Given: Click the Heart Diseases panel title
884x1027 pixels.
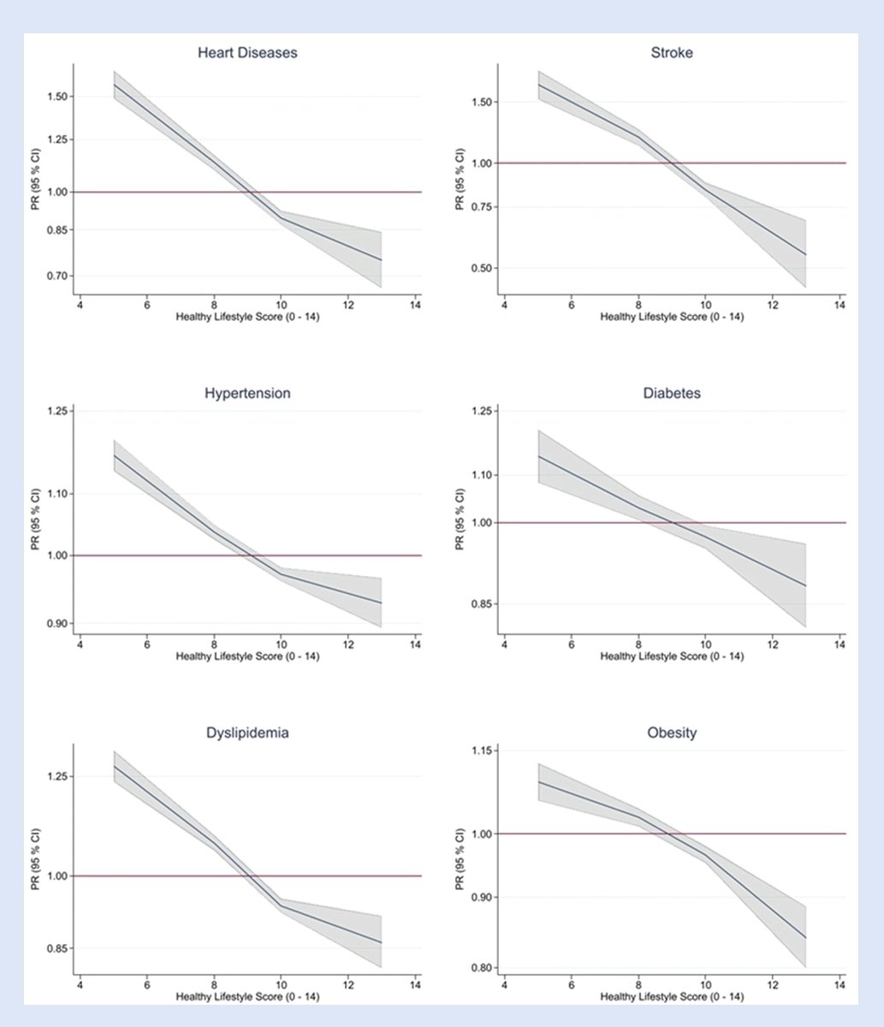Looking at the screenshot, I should pos(247,53).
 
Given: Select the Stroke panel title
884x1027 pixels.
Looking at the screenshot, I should pos(672,53).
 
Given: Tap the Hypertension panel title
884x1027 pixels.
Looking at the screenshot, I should pos(247,394).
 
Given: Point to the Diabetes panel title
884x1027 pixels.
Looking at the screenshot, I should pos(672,394).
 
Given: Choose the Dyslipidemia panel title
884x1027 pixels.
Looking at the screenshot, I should pos(247,733).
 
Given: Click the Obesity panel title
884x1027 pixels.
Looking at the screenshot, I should pos(672,733).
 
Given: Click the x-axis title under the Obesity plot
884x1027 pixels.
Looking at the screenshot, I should pos(672,997).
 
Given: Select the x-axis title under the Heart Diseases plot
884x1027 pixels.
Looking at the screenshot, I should pos(247,317).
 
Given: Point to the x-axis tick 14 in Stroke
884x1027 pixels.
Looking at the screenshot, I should pos(839,304).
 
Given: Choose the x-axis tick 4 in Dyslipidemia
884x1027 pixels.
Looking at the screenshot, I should pos(80,983).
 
